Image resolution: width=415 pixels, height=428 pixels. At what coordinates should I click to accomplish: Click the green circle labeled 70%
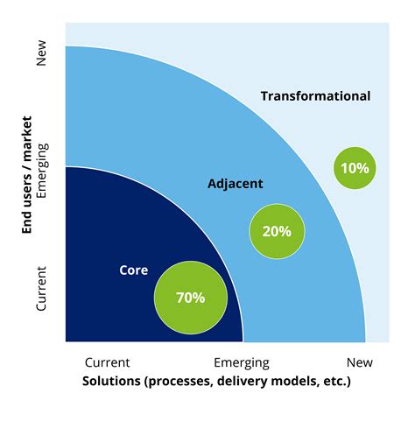190,298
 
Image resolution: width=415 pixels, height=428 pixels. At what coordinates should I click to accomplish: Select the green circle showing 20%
277,231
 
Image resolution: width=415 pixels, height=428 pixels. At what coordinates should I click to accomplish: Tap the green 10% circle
355,167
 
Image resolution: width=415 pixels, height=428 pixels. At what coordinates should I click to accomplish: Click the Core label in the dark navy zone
133,270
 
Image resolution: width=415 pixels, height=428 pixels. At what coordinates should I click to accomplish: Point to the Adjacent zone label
236,184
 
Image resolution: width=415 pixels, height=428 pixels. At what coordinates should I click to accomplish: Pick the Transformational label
315,96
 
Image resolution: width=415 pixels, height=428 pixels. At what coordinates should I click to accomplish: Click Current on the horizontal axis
108,362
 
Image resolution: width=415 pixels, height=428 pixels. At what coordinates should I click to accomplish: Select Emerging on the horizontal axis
242,362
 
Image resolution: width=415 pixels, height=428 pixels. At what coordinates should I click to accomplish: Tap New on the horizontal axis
359,362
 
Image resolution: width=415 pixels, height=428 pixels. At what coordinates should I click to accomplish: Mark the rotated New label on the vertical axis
40,58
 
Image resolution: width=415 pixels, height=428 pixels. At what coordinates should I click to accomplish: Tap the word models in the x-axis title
285,382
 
